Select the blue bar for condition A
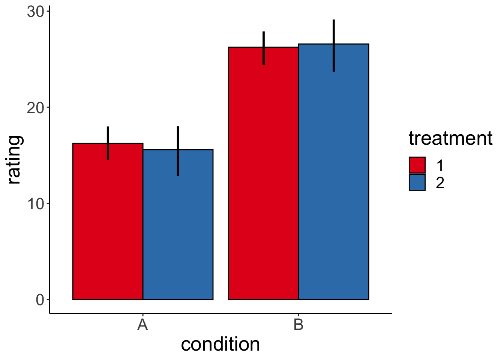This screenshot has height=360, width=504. click(178, 225)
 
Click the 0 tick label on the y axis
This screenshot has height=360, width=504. click(40, 300)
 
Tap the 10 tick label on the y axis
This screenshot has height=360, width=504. click(36, 204)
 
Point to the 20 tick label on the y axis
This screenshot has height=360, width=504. click(36, 108)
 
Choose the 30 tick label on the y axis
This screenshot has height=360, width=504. click(36, 12)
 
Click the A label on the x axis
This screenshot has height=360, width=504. click(142, 325)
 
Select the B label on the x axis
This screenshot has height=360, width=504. click(298, 325)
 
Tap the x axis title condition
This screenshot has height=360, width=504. click(220, 344)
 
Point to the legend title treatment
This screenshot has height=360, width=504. click(450, 138)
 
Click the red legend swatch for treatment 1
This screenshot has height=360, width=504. click(417, 165)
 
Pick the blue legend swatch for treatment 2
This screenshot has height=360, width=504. click(417, 183)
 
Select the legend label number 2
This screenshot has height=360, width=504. click(440, 183)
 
